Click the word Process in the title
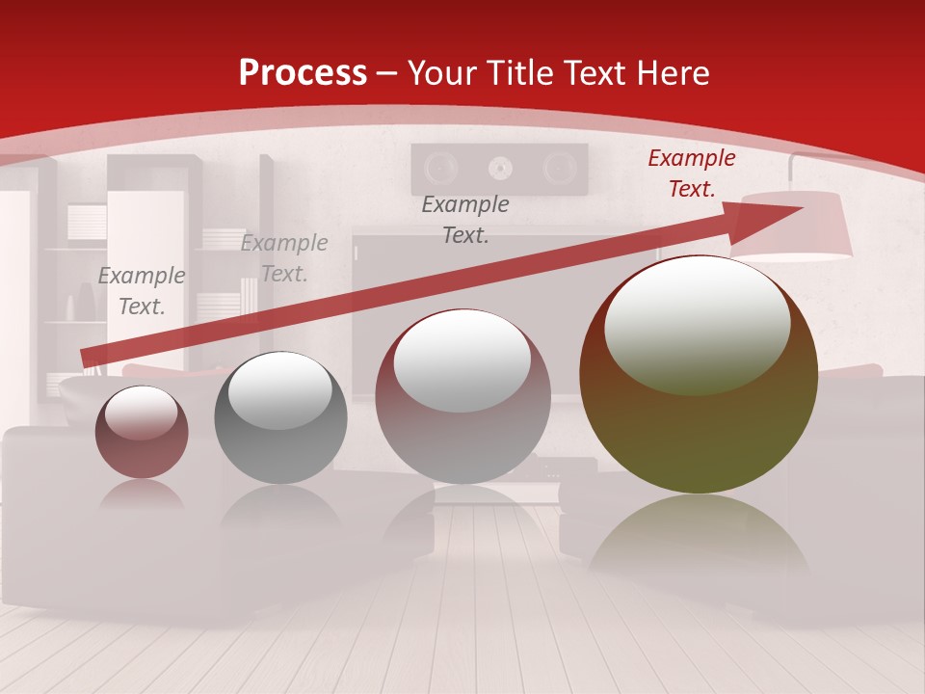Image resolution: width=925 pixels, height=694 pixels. [x=303, y=73]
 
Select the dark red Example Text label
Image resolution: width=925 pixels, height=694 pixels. [x=691, y=173]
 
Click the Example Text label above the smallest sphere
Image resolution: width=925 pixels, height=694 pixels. [x=142, y=291]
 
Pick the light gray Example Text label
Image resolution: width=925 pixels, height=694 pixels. [x=284, y=258]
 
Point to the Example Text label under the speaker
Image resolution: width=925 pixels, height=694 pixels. [x=465, y=220]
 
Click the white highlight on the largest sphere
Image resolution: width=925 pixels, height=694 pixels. [x=697, y=323]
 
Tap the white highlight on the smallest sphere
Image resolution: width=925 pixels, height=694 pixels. [x=141, y=413]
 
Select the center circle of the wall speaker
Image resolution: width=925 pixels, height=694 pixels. [x=499, y=169]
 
